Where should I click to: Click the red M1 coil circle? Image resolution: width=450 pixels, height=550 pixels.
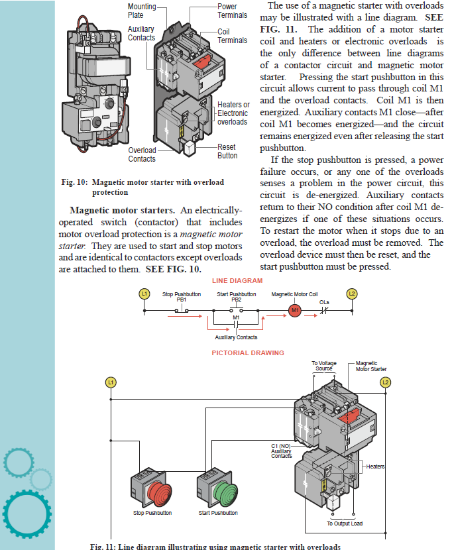(296, 310)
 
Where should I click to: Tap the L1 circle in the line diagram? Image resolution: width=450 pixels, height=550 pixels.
(143, 293)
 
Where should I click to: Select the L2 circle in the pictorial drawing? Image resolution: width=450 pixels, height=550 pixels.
(386, 383)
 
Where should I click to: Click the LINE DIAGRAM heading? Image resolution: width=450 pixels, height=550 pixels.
(237, 281)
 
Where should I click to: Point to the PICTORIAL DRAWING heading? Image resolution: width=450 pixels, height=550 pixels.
(248, 353)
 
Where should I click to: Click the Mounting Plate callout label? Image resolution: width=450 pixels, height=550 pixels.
(142, 11)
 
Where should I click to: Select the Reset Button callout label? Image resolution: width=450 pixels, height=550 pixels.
(227, 151)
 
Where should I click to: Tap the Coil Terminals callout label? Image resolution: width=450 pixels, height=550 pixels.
(232, 36)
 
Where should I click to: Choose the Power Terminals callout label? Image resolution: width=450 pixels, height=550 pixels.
(232, 11)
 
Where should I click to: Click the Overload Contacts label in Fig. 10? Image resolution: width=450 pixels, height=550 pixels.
(142, 154)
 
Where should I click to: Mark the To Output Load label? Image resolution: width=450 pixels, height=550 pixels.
(345, 523)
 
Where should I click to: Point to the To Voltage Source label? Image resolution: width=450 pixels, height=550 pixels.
(323, 366)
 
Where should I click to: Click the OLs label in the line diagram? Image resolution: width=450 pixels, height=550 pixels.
(324, 302)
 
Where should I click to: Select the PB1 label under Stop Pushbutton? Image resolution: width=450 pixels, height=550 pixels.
(182, 300)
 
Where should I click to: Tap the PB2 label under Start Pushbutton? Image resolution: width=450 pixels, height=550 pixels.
(237, 300)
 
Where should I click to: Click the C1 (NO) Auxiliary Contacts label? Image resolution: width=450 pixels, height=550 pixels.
(282, 451)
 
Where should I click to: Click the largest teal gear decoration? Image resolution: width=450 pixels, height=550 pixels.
(27, 511)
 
